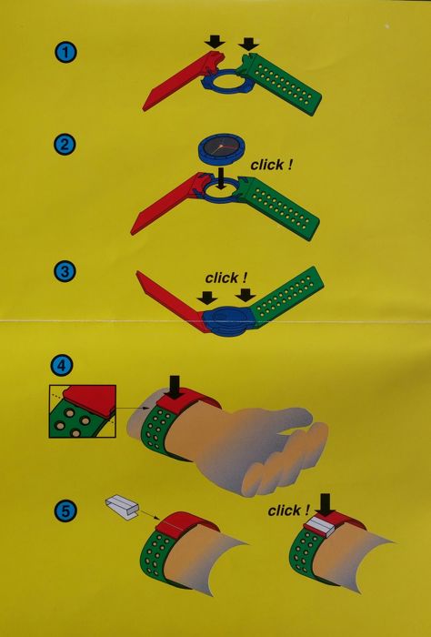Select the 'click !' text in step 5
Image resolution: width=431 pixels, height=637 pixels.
coord(289,511)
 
